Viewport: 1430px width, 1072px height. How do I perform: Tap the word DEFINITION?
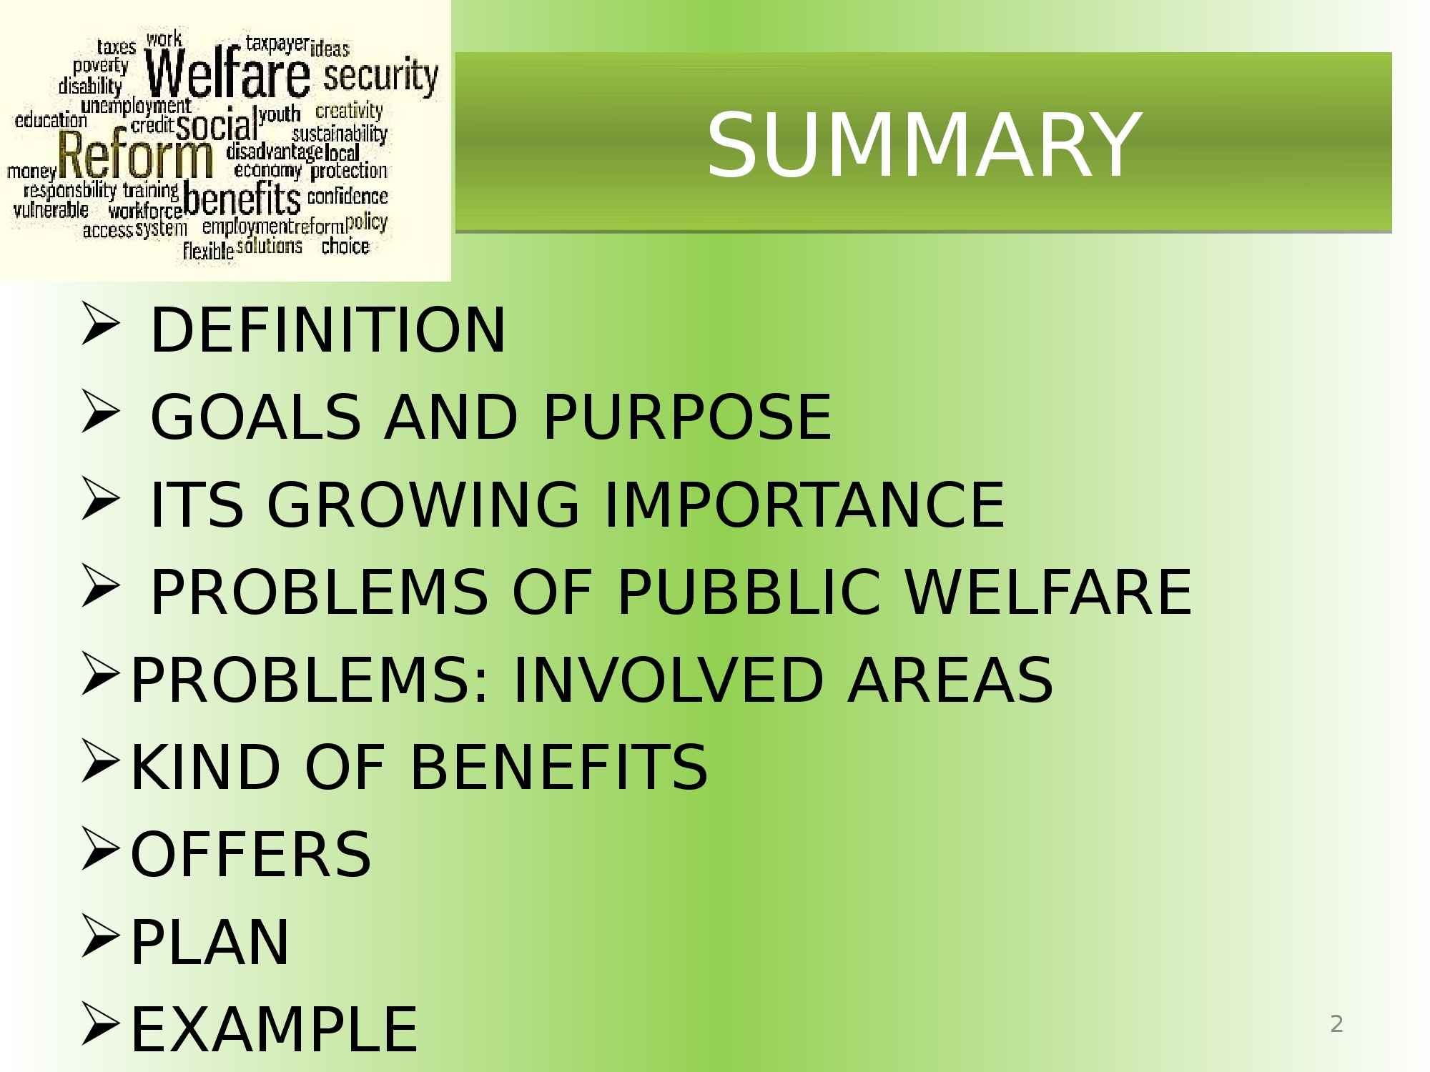click(x=328, y=329)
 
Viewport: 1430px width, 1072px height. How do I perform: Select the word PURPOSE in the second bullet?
click(x=687, y=417)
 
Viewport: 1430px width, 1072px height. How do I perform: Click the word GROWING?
click(x=423, y=505)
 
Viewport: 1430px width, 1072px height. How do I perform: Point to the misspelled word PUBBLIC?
click(x=749, y=592)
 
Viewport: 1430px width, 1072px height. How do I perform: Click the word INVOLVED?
click(x=668, y=680)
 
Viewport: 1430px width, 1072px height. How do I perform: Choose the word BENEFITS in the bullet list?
click(x=558, y=767)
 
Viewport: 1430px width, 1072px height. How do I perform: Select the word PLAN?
click(x=209, y=942)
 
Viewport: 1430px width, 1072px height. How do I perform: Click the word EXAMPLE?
click(x=274, y=1029)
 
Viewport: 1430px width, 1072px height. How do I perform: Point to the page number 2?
click(x=1336, y=1024)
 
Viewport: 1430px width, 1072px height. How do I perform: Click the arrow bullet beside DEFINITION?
click(x=99, y=325)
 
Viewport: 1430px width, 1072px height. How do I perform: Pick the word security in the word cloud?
click(x=380, y=76)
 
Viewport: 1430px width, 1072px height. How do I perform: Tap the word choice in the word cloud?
click(x=345, y=247)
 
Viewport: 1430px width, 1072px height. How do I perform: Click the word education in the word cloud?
click(x=51, y=119)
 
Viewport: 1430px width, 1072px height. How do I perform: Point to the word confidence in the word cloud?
click(x=347, y=196)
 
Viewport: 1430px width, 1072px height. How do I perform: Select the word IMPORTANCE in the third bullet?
click(x=804, y=505)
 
